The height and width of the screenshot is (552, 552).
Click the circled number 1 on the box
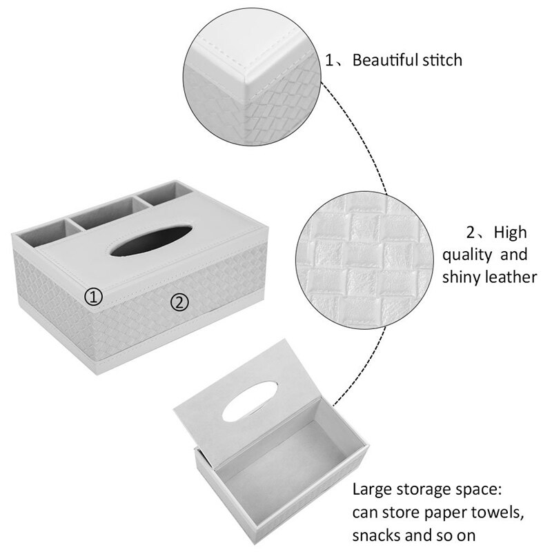point(94,297)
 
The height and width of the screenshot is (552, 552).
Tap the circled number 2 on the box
point(179,302)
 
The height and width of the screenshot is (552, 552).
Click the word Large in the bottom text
point(373,491)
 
